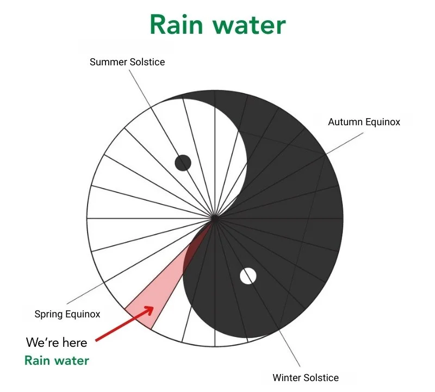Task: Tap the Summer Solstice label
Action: (127, 62)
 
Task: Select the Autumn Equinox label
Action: (364, 122)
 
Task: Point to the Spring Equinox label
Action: (67, 314)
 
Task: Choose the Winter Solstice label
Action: (306, 378)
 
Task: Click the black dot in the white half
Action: (183, 163)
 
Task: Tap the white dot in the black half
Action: (248, 275)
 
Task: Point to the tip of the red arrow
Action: (153, 309)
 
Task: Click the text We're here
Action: (57, 343)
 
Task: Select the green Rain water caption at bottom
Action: (57, 360)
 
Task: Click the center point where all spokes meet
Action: (215, 218)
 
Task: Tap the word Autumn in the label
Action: (345, 122)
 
